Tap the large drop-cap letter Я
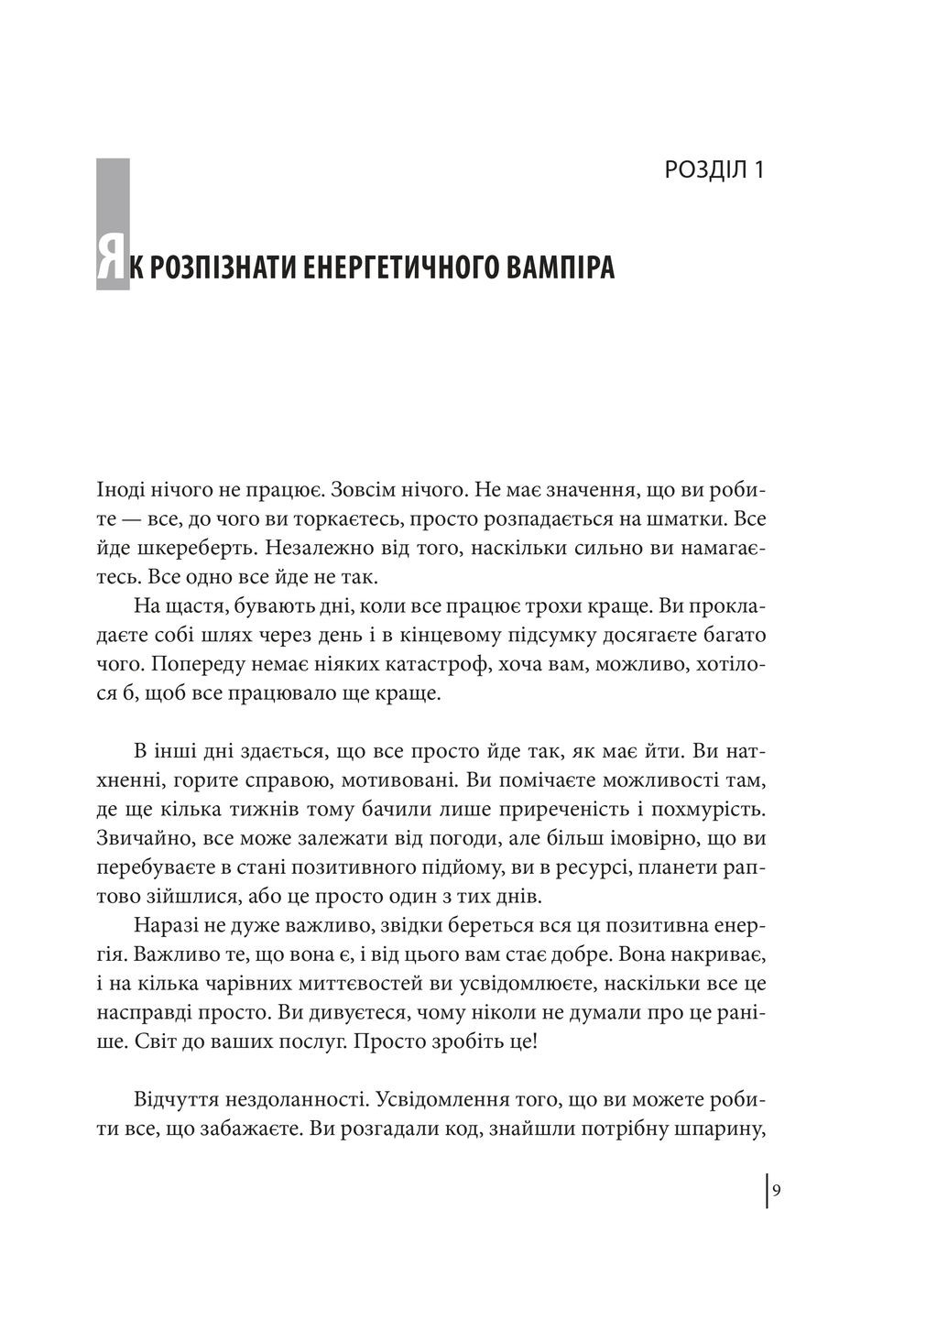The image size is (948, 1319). tap(112, 266)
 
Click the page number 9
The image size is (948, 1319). tap(777, 1192)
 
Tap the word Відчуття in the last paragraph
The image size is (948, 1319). tap(174, 1099)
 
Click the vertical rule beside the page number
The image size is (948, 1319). tap(767, 1192)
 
